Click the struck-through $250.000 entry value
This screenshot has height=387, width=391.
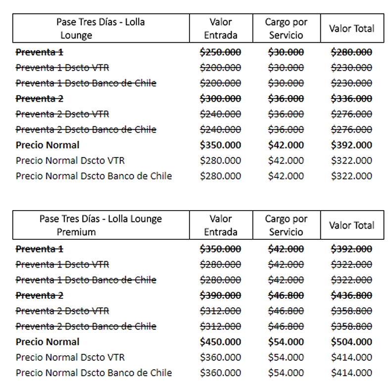coord(220,52)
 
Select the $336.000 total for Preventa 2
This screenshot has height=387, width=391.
coord(351,99)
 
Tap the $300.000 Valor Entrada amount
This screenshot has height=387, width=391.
coord(220,99)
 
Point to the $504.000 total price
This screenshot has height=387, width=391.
coord(351,342)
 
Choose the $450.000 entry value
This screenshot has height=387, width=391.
coord(220,342)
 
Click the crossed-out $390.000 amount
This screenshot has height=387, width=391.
coord(220,295)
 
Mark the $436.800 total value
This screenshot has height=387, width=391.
coord(351,295)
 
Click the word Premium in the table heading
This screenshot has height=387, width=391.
coord(76,232)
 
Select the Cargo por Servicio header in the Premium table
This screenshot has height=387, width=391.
coord(286,225)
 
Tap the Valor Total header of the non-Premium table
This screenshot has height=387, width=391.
coord(351,28)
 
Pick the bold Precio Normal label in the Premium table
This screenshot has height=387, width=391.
coord(48,342)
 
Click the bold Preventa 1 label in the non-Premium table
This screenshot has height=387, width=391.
coord(40,52)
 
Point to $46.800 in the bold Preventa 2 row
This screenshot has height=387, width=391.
coord(286,295)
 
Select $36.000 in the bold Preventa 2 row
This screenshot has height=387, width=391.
coord(286,99)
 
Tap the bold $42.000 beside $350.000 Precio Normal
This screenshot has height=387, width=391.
coord(286,145)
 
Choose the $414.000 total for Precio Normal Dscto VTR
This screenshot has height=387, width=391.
coord(351,357)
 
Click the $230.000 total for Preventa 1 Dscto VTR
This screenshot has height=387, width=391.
coord(351,67)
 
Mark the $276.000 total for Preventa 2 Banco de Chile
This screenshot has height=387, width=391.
coord(351,129)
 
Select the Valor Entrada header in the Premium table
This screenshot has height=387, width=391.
coord(221,225)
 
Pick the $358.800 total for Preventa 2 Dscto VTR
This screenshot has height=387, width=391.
coord(351,311)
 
